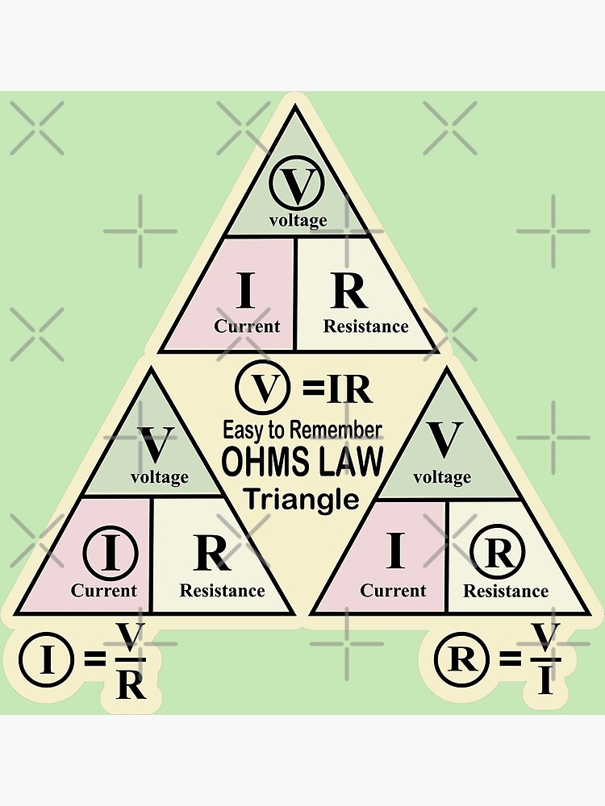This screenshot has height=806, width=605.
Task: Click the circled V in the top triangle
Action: (298, 186)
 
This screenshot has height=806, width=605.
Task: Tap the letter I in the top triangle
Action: (245, 292)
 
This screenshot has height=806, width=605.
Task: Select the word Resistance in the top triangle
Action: (365, 326)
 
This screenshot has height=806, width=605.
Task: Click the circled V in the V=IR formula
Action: (261, 389)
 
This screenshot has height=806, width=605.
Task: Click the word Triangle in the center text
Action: (301, 500)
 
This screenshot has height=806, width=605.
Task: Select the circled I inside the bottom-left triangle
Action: (111, 554)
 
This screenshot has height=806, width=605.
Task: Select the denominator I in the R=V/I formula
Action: (545, 682)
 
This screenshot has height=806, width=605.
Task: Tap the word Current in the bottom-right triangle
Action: (393, 591)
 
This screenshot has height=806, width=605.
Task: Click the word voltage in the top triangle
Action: (298, 220)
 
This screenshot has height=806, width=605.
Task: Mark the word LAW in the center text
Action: (348, 463)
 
